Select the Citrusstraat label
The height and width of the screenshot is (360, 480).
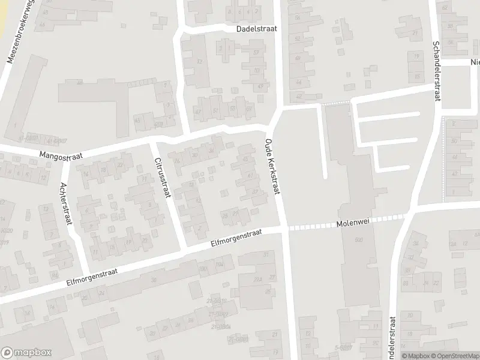[162, 178]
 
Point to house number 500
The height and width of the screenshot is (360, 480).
[359, 240]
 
